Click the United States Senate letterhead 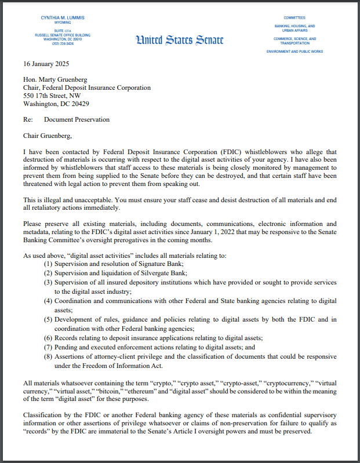[179, 40]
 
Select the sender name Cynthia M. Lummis [62, 19]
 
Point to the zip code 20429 [77, 104]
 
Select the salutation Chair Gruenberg [49, 136]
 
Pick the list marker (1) [49, 264]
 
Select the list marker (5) [49, 320]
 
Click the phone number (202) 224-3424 [62, 43]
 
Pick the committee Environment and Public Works [295, 52]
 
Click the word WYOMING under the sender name [62, 24]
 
